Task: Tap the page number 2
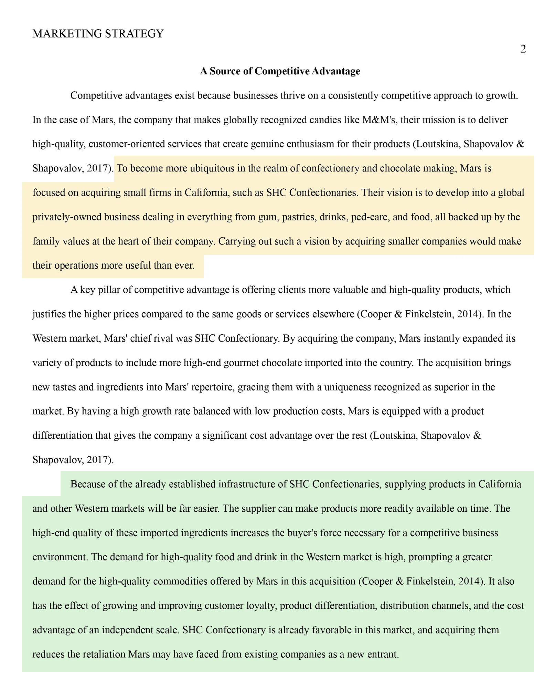pyautogui.click(x=523, y=49)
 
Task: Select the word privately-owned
pyautogui.click(x=67, y=217)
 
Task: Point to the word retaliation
pyautogui.click(x=104, y=654)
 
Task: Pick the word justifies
pyautogui.click(x=49, y=314)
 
